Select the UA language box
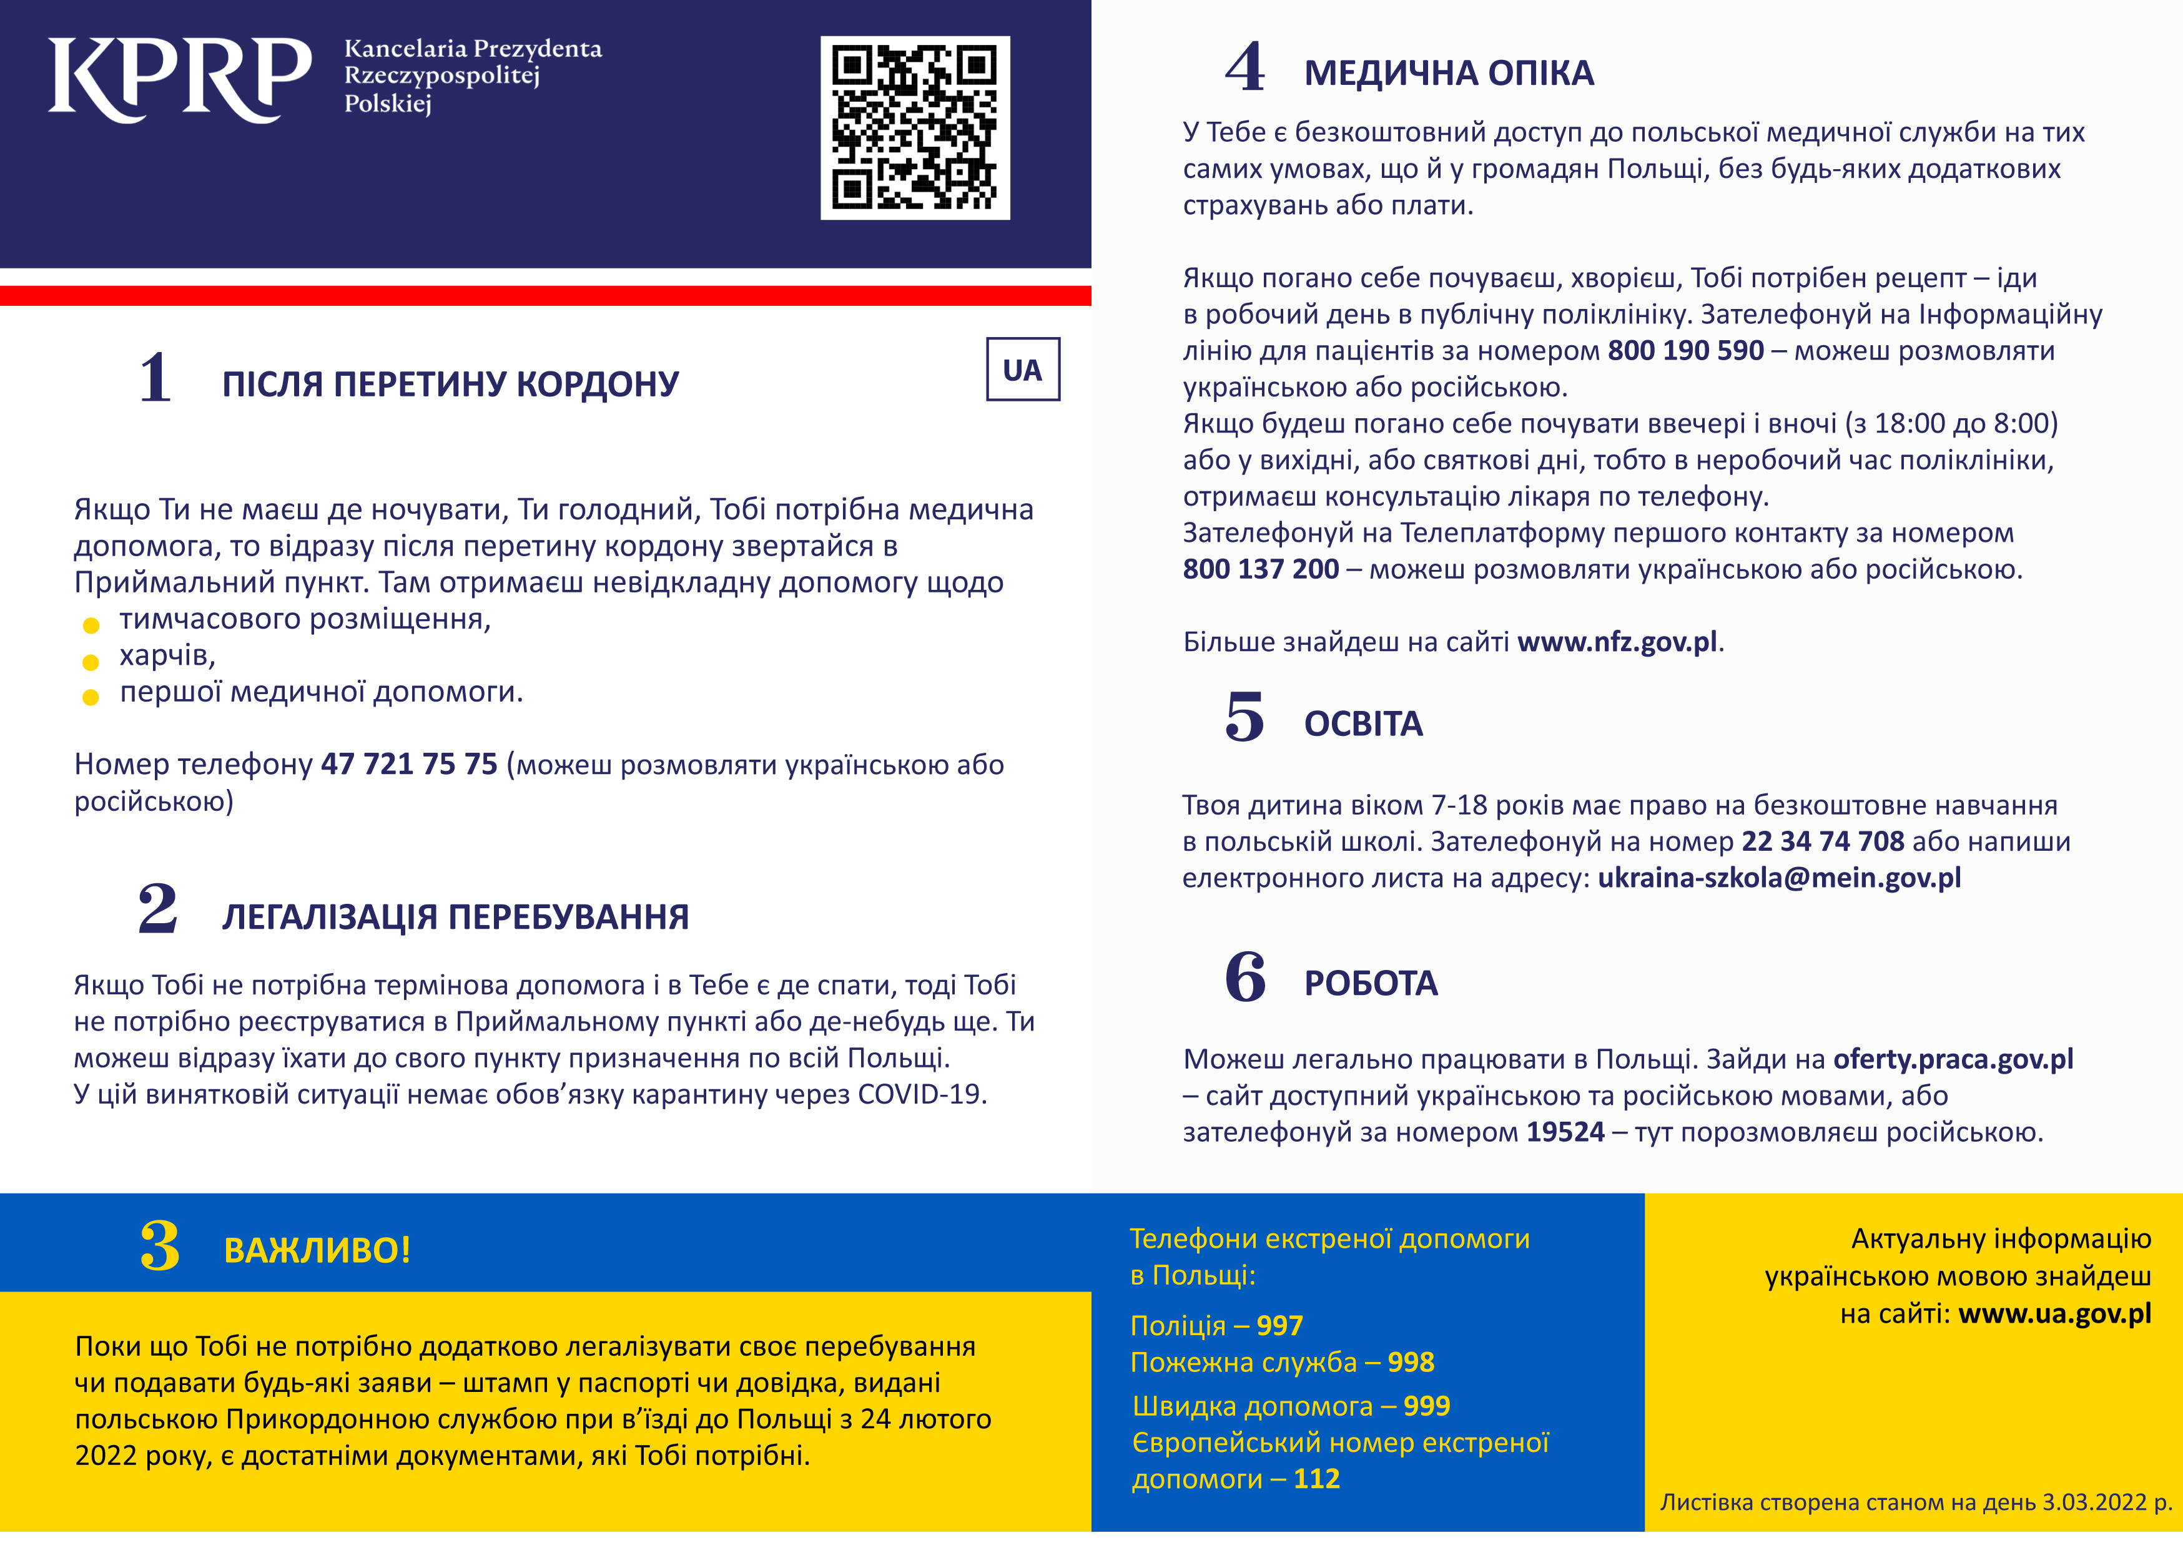click(1022, 370)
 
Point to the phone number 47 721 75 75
click(409, 765)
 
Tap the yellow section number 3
click(159, 1247)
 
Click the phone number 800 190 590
click(1685, 351)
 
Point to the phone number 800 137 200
click(1260, 570)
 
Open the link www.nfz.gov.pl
click(1617, 642)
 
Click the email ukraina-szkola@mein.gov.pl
click(1779, 878)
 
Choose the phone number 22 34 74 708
click(1823, 841)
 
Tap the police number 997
click(1279, 1326)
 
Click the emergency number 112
click(1316, 1479)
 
